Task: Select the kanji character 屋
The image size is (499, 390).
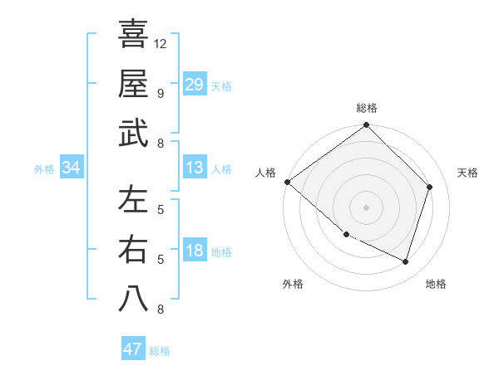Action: coord(133,83)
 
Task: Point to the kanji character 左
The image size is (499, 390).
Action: coord(133,199)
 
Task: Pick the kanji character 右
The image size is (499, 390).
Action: coord(133,249)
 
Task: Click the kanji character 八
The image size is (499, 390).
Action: coord(133,299)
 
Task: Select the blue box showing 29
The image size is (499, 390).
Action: coord(195,84)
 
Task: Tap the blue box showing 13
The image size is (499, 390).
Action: coord(195,168)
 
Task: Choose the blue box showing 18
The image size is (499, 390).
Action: coord(195,251)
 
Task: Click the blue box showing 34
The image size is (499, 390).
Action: coord(72,168)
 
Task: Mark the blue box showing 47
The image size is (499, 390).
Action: coord(133,349)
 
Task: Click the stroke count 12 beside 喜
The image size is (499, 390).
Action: coord(161,43)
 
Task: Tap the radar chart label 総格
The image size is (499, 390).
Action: coord(367,109)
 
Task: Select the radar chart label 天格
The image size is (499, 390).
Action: coord(467,173)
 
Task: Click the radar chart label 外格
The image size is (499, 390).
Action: coord(293,285)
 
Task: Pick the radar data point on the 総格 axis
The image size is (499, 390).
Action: coord(367,126)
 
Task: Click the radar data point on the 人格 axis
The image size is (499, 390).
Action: coord(287,182)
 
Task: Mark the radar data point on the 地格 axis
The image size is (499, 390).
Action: coord(406,262)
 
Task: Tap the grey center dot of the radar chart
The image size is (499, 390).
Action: coord(367,207)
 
